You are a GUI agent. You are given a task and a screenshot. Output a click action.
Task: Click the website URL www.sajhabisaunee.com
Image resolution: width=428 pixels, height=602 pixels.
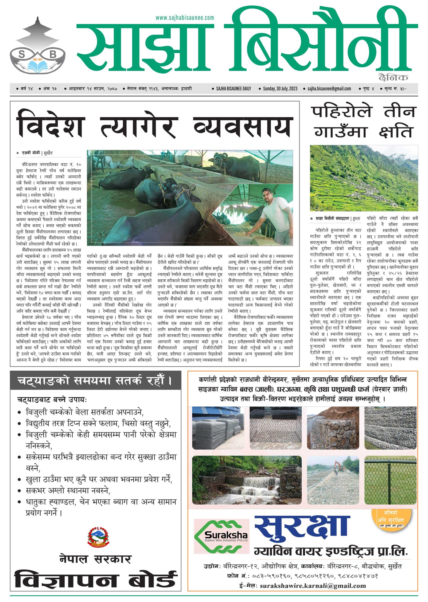[x=184, y=18]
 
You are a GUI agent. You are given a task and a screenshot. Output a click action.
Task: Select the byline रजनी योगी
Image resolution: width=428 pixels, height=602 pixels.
[x=31, y=153]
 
